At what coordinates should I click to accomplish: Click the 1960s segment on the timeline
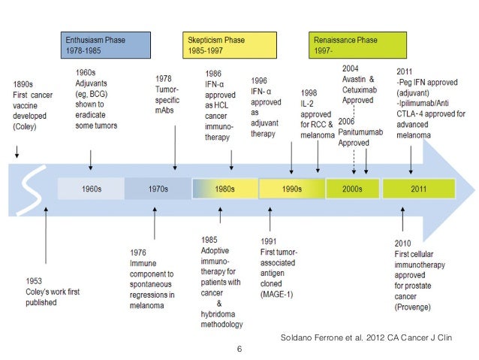(x=91, y=189)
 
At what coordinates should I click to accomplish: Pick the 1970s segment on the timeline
(x=157, y=189)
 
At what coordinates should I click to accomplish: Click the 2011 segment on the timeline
(x=418, y=189)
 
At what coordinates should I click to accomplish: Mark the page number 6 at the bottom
(x=239, y=349)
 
